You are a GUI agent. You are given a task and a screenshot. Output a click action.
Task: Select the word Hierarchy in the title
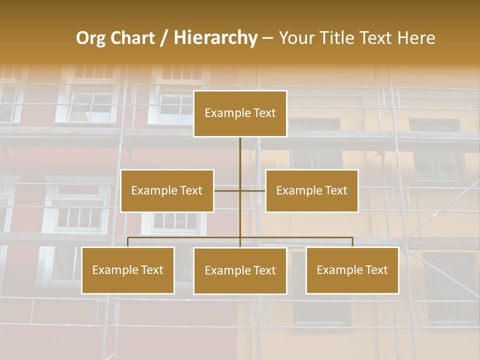click(x=215, y=38)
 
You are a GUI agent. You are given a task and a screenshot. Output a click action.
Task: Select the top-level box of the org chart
click(x=240, y=113)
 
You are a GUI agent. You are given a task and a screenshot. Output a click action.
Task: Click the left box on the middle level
click(x=167, y=191)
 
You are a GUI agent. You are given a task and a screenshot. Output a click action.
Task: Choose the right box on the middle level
click(x=312, y=191)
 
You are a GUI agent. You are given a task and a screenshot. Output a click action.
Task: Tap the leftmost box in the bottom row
click(x=128, y=270)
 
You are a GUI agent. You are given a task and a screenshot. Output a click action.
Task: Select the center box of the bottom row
click(x=240, y=271)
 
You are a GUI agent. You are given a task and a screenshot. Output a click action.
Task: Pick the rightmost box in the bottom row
click(x=352, y=270)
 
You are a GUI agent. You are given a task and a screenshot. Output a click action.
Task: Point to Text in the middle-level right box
click(x=335, y=190)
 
